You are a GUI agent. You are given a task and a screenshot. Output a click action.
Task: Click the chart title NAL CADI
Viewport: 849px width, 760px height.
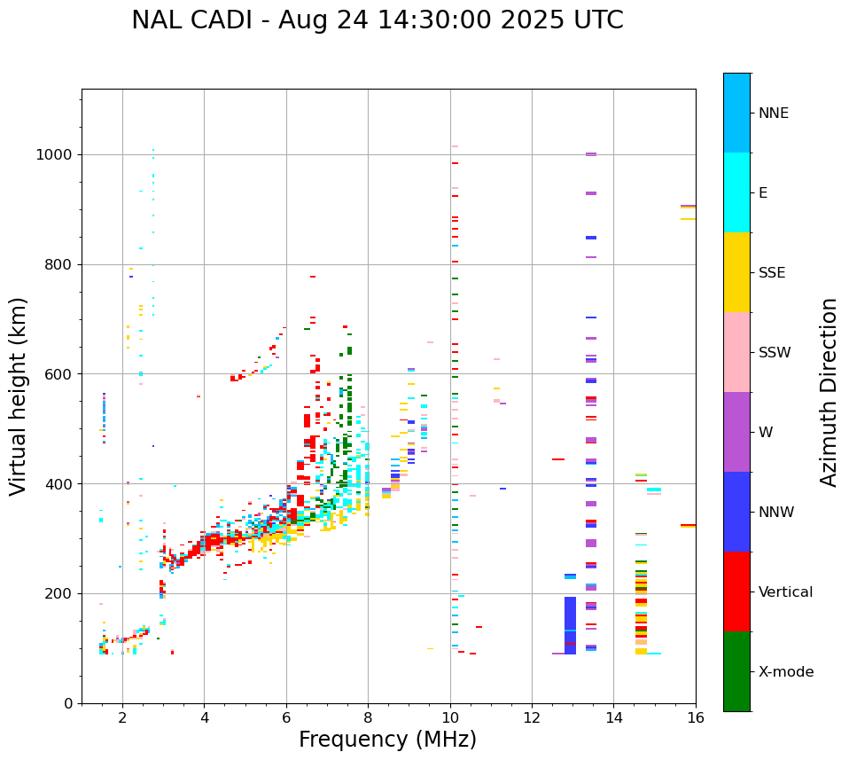pos(377,20)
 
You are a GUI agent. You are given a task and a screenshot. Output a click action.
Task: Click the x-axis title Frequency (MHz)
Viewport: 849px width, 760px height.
pos(387,740)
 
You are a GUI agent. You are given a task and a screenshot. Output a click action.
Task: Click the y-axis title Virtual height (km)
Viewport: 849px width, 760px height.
pos(19,396)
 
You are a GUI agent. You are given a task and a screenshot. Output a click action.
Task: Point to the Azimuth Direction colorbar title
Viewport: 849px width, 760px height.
pos(829,391)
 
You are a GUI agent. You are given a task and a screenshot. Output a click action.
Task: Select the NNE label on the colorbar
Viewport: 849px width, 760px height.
pos(773,114)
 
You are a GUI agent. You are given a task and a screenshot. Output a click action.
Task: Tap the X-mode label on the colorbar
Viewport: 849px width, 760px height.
pos(786,672)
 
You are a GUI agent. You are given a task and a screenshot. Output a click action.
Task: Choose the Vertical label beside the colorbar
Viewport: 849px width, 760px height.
pos(785,592)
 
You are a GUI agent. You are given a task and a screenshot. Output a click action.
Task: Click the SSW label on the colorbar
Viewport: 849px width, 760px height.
pos(775,353)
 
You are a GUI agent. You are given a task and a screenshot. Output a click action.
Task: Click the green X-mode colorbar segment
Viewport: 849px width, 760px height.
pos(736,671)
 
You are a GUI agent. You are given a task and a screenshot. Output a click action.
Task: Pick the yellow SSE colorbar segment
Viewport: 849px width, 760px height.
pos(736,272)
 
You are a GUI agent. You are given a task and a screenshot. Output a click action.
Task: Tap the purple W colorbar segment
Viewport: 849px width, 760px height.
pos(736,432)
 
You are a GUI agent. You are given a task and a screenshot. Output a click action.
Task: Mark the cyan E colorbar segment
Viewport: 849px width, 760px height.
pos(736,192)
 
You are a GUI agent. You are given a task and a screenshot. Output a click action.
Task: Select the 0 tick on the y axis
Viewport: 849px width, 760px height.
pos(67,703)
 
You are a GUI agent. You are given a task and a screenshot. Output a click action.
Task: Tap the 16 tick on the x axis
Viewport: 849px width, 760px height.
pos(696,718)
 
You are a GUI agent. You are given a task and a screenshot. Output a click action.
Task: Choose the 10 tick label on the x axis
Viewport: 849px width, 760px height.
pos(450,718)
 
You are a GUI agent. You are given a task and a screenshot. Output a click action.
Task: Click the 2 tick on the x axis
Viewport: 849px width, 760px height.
pos(122,718)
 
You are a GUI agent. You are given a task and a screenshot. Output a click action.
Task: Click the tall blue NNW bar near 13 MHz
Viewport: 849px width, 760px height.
pos(570,625)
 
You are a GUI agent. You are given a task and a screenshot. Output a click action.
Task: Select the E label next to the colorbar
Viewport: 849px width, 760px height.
pos(763,193)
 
